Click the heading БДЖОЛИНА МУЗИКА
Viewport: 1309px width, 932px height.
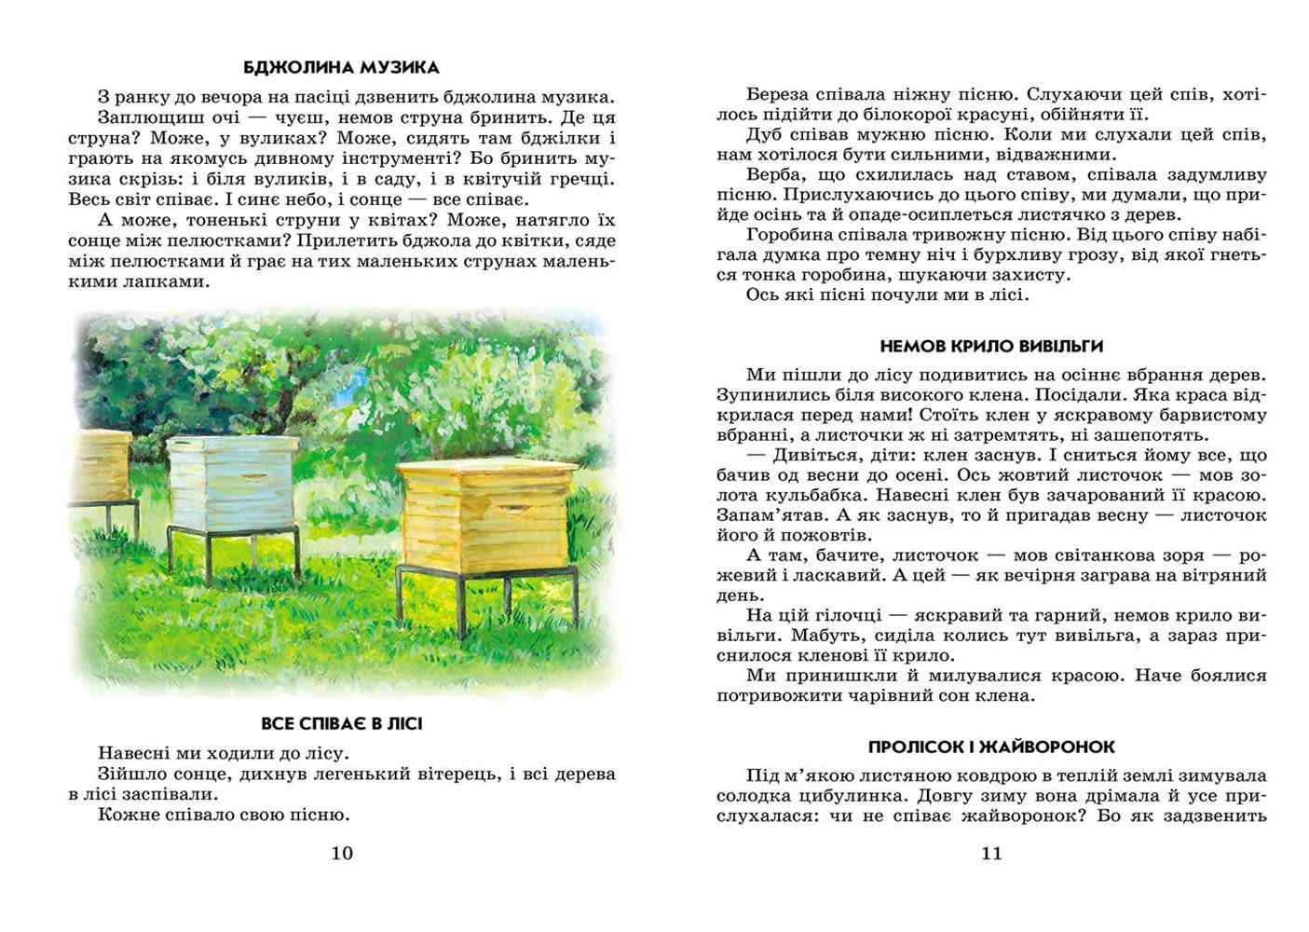pyautogui.click(x=341, y=67)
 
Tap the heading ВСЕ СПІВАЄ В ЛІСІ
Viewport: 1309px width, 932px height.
pyautogui.click(x=341, y=723)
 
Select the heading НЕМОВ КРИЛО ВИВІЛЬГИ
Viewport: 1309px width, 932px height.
pyautogui.click(x=991, y=347)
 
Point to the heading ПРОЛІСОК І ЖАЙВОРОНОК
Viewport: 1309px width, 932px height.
pyautogui.click(x=991, y=747)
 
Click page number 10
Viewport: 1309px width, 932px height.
pyautogui.click(x=342, y=853)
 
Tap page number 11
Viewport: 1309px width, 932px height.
pyautogui.click(x=991, y=853)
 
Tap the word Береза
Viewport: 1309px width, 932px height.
pyautogui.click(x=778, y=94)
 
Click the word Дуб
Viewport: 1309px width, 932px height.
pyautogui.click(x=764, y=134)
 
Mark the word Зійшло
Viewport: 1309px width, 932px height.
pyautogui.click(x=129, y=774)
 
